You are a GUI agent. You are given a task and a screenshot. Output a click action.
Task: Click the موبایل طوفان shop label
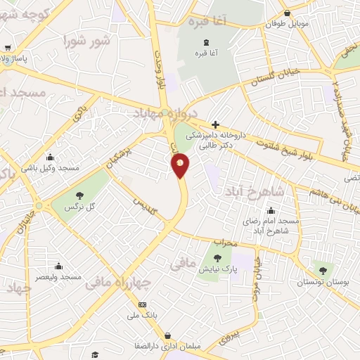coord(287,23)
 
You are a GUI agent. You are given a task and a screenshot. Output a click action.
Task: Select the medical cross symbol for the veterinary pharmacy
coord(215,124)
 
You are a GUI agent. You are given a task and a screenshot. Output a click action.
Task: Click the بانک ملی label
coord(143,316)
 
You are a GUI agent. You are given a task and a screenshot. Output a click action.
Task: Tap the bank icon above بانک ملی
coord(143,305)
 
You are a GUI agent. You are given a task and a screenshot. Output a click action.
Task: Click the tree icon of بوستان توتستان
coord(323,270)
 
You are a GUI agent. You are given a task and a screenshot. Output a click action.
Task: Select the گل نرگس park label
coord(79,207)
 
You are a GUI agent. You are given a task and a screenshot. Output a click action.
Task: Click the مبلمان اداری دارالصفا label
coord(167,347)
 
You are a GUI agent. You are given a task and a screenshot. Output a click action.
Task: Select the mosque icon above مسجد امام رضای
coord(271,210)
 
